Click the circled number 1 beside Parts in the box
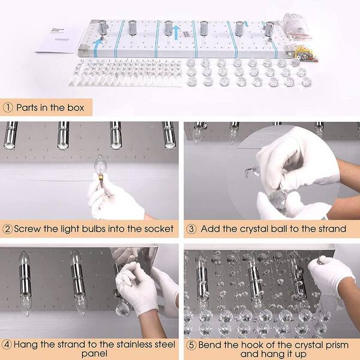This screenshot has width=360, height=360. coord(8,107)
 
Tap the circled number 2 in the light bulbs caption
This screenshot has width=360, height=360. coord(8,229)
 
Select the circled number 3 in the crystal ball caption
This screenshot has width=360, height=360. coord(191,229)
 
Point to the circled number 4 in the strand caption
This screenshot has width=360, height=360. coord(7,344)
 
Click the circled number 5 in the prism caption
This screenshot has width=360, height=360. coord(191,345)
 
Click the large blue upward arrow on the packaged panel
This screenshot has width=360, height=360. coord(176,32)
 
